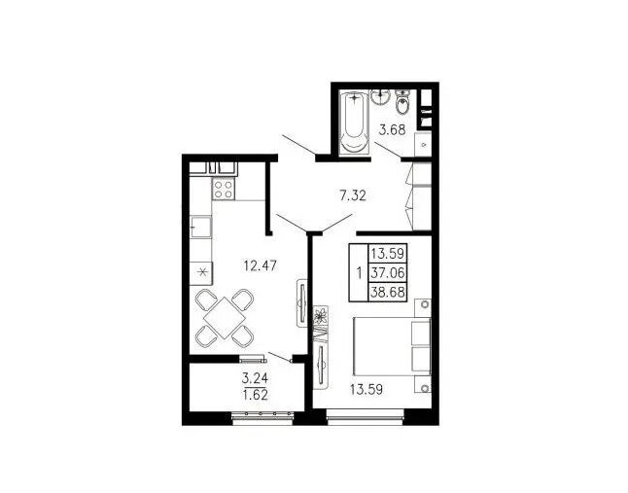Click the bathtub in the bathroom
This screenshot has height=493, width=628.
pos(354,122)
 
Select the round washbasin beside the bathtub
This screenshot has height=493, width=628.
pos(380,96)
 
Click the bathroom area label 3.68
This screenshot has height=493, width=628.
pos(393,129)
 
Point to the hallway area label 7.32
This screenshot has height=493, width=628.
pos(353,195)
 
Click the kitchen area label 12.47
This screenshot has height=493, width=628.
pos(261,265)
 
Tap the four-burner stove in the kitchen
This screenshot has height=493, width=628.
pos(223,189)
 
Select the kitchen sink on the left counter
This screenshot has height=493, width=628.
pos(200,228)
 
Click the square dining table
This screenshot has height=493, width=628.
pos(225,318)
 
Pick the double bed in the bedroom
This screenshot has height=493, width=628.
pos(392,346)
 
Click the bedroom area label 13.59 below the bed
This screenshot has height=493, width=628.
pos(366,389)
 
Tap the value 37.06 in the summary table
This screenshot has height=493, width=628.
pos(387,273)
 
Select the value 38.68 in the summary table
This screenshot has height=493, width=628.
pos(387,292)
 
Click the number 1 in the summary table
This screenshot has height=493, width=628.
pos(359,273)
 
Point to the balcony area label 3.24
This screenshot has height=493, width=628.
pos(255,377)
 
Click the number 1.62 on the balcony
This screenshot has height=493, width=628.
pos(255,396)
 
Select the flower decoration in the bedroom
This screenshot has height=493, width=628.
pos(320,316)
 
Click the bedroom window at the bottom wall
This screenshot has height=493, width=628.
pos(365,417)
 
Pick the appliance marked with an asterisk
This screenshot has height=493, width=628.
pos(201,273)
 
